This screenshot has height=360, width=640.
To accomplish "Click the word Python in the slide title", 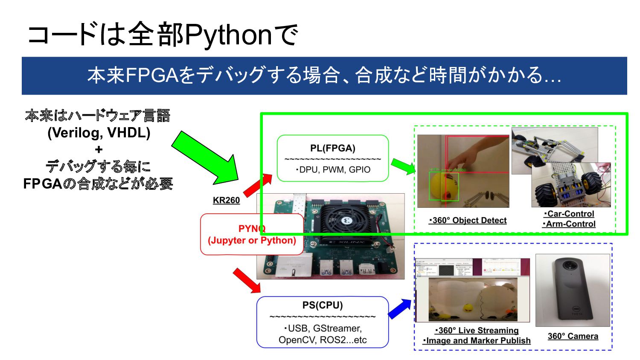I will [228, 35].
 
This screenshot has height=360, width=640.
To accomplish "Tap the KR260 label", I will [226, 200].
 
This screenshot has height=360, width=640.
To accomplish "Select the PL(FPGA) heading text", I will [332, 148].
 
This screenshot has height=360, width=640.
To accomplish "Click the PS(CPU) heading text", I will [322, 305].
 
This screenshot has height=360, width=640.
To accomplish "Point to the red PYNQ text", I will [252, 228].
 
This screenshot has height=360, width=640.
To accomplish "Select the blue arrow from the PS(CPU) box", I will [400, 308].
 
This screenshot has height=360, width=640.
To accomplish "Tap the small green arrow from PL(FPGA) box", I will [403, 166].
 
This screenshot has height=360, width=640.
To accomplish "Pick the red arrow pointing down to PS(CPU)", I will [247, 280].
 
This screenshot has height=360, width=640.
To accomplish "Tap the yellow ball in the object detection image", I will [442, 185].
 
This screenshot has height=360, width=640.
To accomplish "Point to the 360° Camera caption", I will [573, 336].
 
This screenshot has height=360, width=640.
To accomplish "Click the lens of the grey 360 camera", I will [569, 265].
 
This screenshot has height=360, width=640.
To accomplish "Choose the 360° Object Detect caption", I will [468, 221].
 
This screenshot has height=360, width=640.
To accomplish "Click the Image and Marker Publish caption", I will [477, 340].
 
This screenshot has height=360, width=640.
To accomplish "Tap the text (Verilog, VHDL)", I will [99, 133].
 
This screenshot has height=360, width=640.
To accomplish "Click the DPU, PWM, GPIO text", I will [334, 170].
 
